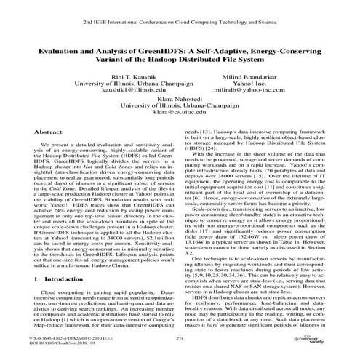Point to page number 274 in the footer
tap(180, 339)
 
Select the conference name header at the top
tap(180, 24)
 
